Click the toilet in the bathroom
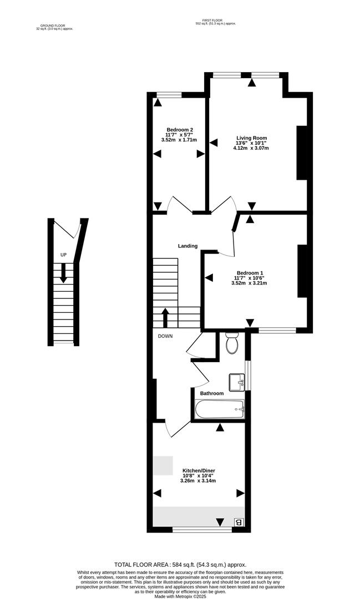pyautogui.click(x=232, y=344)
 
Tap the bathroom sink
pyautogui.click(x=237, y=381)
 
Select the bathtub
pyautogui.click(x=220, y=410)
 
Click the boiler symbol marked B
pyautogui.click(x=239, y=522)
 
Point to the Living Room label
pyautogui.click(x=252, y=138)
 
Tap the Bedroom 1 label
pyautogui.click(x=249, y=273)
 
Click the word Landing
pyautogui.click(x=187, y=246)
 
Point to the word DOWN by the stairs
pyautogui.click(x=165, y=336)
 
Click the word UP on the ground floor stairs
pyautogui.click(x=63, y=255)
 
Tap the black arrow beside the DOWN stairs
pyautogui.click(x=165, y=317)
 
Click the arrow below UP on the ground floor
pyautogui.click(x=63, y=272)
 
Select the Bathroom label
pyautogui.click(x=212, y=393)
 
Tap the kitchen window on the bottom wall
pyautogui.click(x=202, y=530)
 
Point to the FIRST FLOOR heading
pyautogui.click(x=216, y=21)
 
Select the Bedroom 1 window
pyautogui.click(x=277, y=331)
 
